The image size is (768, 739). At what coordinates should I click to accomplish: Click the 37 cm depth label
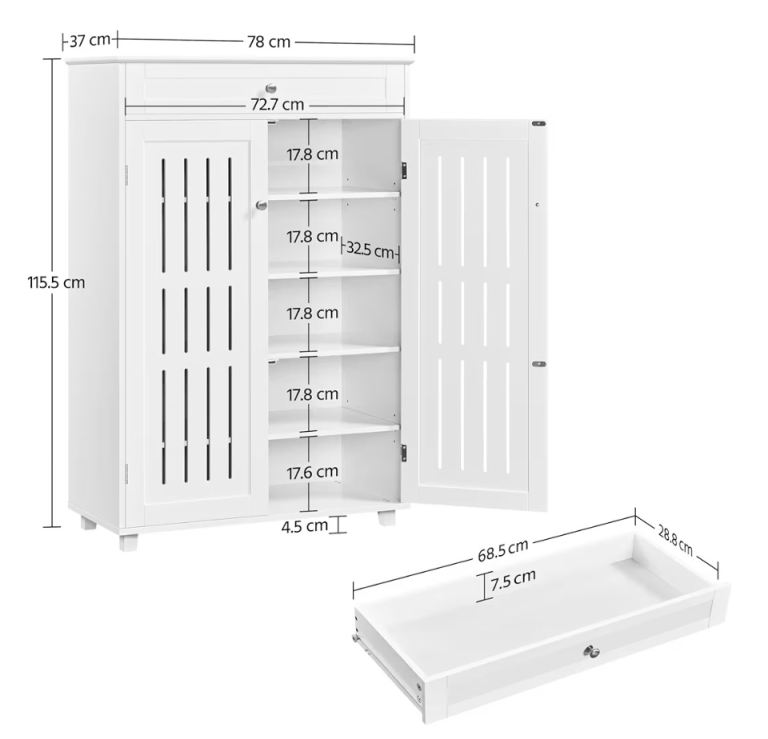coord(90,40)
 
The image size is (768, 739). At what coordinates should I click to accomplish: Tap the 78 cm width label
coord(268,42)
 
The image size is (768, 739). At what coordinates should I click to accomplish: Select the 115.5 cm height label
coord(56,283)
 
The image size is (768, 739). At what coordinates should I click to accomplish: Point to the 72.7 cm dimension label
coord(277,104)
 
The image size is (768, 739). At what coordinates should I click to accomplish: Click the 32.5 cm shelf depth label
coord(370,250)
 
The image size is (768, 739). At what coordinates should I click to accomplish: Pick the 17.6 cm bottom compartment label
coord(312,473)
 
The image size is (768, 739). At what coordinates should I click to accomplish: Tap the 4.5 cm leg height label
coord(305,526)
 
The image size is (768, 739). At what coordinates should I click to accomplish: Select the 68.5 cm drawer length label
coord(503,550)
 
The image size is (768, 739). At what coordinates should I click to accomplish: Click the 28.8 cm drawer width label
coord(675,541)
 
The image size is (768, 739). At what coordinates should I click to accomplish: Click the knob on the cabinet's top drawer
coord(271,89)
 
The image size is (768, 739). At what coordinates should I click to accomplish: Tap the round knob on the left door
coord(262,205)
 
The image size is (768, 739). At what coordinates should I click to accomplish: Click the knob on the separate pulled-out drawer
coord(591,651)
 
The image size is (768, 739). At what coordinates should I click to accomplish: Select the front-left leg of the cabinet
coord(129,543)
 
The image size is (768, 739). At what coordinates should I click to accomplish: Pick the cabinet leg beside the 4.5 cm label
coord(386,518)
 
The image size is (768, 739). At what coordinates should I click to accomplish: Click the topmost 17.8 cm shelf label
coord(312,154)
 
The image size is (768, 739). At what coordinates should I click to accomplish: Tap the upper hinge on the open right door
coord(539,123)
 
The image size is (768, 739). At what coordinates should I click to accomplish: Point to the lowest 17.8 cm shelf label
coord(312,394)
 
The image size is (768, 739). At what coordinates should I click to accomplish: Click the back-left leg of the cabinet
coord(89,523)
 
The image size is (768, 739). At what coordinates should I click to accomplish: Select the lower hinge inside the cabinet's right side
coord(404,453)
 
